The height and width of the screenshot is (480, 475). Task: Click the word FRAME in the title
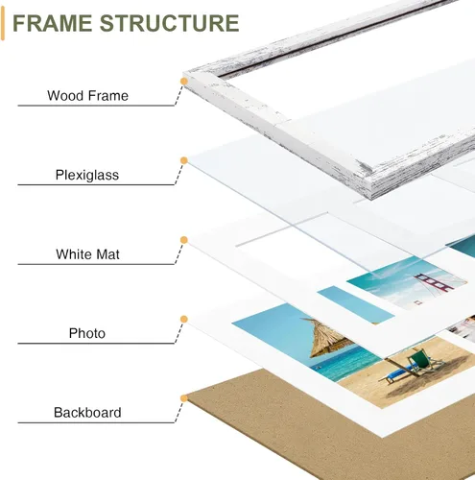click(53, 23)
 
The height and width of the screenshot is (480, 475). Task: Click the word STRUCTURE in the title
click(170, 23)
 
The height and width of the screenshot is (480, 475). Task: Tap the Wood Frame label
click(87, 96)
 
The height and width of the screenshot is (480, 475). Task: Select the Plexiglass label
click(87, 175)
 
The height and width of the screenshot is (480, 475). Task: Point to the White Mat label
click(87, 254)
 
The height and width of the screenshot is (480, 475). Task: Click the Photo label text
click(87, 333)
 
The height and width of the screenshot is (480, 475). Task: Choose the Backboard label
click(87, 413)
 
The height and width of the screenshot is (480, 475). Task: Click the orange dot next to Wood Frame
click(184, 82)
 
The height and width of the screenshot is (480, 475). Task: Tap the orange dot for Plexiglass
click(184, 160)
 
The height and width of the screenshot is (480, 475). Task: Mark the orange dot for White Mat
click(184, 240)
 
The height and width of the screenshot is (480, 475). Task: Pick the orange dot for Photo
click(184, 319)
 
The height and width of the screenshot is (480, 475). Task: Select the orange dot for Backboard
click(184, 398)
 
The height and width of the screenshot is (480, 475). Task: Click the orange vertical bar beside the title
click(3, 24)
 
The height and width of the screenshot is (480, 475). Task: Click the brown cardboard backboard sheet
click(288, 432)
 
